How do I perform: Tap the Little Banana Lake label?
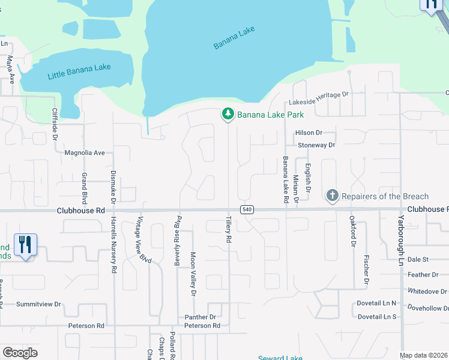pyautogui.click(x=79, y=71)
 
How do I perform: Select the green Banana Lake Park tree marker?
pyautogui.click(x=228, y=113)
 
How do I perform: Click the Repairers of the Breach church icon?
pyautogui.click(x=332, y=196)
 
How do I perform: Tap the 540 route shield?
pyautogui.click(x=247, y=209)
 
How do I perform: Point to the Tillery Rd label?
pyautogui.click(x=229, y=229)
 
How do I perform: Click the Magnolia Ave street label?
pyautogui.click(x=85, y=153)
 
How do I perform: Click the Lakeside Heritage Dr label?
pyautogui.click(x=319, y=95)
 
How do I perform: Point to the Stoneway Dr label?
pyautogui.click(x=316, y=145)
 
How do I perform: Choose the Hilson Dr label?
pyautogui.click(x=309, y=133)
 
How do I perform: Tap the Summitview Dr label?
pyautogui.click(x=39, y=304)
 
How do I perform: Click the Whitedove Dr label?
pyautogui.click(x=427, y=291)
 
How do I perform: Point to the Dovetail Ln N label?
pyautogui.click(x=378, y=303)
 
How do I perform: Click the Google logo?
pyautogui.click(x=20, y=352)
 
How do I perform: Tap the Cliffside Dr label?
pyautogui.click(x=55, y=124)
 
